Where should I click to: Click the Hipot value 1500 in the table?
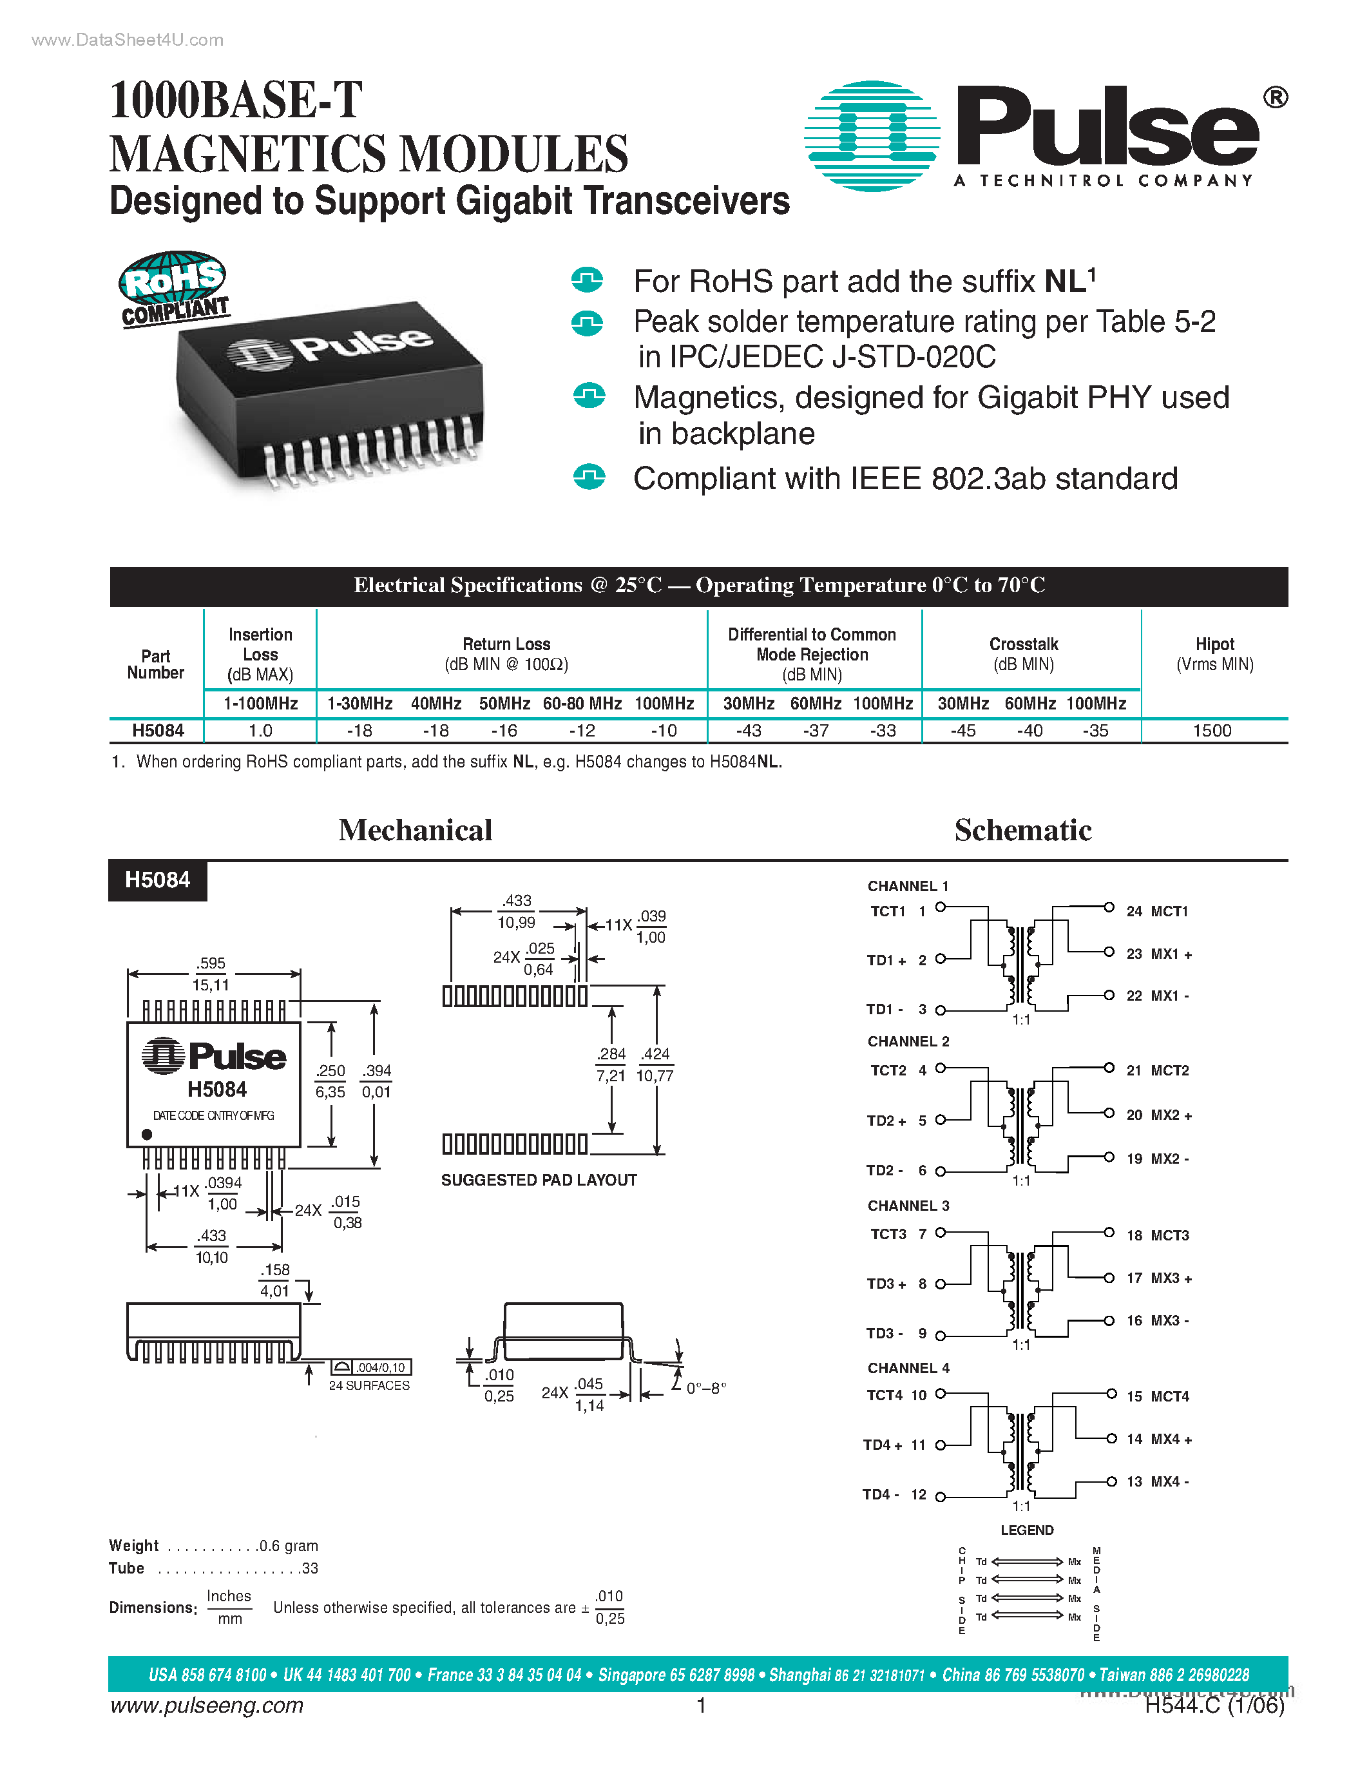click(x=1212, y=730)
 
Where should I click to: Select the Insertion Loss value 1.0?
click(x=260, y=730)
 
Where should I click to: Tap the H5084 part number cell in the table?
click(x=158, y=730)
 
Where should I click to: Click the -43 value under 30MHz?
click(x=748, y=730)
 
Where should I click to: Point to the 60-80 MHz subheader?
click(x=582, y=704)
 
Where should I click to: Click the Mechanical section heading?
click(x=416, y=830)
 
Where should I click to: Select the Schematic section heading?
click(x=1022, y=830)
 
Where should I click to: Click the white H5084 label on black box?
click(x=157, y=880)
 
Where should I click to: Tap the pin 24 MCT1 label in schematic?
click(x=1156, y=911)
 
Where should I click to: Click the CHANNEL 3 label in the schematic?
click(x=908, y=1206)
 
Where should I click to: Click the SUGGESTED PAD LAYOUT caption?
click(x=539, y=1180)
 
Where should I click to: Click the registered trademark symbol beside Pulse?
click(x=1275, y=98)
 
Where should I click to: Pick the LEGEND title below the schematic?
click(x=1027, y=1530)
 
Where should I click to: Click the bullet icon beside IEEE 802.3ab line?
click(x=589, y=477)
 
